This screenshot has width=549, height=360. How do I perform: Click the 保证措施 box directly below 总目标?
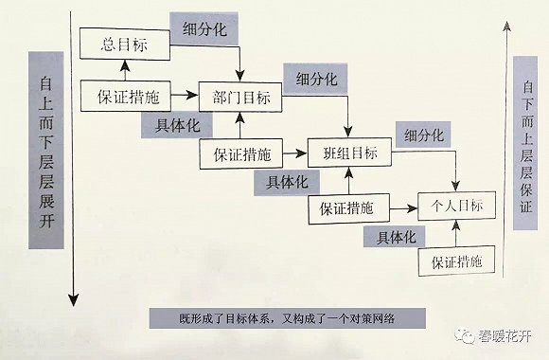pyautogui.click(x=129, y=96)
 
